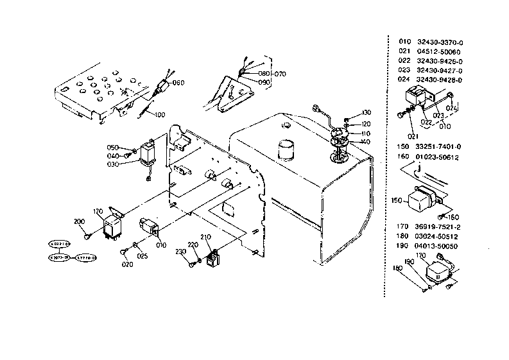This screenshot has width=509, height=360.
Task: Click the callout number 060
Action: [x=178, y=83]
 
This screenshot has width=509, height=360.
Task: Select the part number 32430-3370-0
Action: [x=440, y=42]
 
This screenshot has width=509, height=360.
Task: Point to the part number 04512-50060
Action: [x=439, y=51]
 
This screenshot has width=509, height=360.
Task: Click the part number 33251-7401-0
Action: [x=440, y=147]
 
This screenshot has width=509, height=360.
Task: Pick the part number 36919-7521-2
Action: [x=440, y=226]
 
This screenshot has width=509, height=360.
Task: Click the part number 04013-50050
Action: [x=440, y=245]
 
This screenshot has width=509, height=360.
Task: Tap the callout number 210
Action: [x=205, y=238]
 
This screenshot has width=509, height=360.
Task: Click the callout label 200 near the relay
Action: [x=79, y=221]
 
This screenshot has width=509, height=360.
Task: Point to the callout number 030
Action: [x=113, y=164]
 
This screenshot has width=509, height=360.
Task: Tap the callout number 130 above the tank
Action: [x=367, y=112]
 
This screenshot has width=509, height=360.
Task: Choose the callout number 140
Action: [x=365, y=142]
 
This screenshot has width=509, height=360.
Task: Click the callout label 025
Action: [x=142, y=256]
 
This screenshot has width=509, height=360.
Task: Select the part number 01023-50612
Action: [x=440, y=157]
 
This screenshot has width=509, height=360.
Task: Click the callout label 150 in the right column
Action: [x=396, y=200]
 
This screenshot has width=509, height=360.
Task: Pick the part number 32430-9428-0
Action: [x=440, y=80]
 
